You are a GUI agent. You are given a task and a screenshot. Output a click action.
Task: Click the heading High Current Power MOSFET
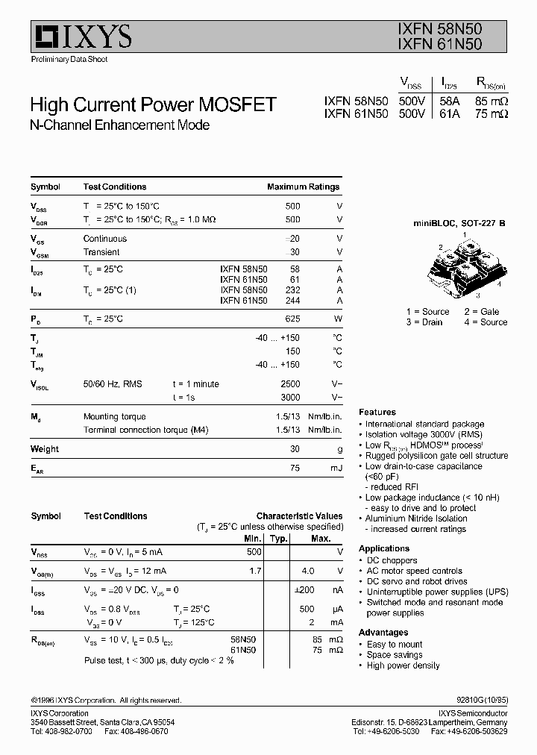(x=153, y=104)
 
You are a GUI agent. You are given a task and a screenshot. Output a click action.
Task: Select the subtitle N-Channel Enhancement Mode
(x=119, y=125)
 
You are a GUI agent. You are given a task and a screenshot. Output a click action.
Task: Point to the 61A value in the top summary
(x=449, y=114)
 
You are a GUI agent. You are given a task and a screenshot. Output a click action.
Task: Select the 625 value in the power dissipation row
(x=292, y=319)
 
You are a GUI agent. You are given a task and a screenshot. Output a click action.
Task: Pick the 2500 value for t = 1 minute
(x=290, y=384)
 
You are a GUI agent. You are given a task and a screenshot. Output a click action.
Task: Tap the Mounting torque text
(x=114, y=417)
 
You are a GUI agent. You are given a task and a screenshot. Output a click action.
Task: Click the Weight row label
(x=45, y=449)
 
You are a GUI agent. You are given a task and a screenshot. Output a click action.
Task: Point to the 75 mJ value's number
(x=295, y=468)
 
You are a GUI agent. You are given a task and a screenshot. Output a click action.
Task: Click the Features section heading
(x=377, y=412)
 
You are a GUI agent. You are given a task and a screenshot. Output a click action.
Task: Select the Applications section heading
(x=384, y=548)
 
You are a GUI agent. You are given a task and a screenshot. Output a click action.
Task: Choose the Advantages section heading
(x=383, y=633)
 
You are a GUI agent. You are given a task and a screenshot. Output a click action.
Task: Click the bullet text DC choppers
(x=392, y=560)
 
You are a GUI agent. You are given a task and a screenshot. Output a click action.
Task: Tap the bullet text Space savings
(x=395, y=655)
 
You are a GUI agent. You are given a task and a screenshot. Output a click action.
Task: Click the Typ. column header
(x=278, y=538)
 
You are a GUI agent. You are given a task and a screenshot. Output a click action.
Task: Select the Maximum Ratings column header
(x=303, y=187)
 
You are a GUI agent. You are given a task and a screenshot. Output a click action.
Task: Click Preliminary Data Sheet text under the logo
(x=69, y=59)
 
